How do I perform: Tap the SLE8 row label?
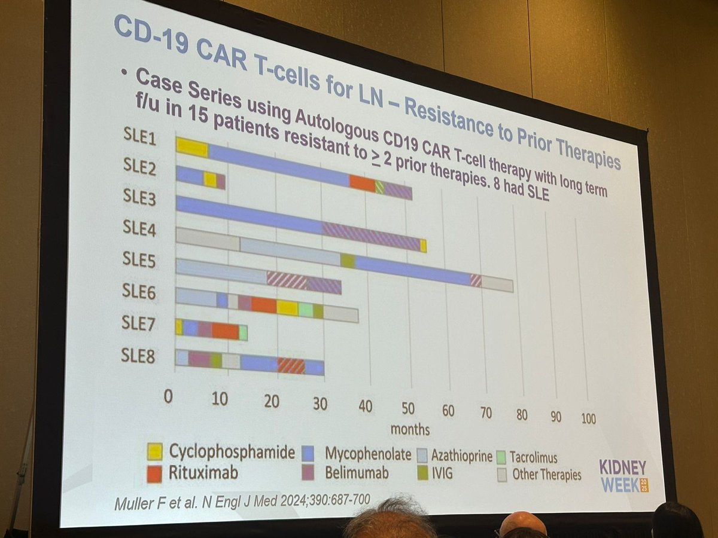click(x=138, y=357)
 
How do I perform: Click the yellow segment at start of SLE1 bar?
click(x=192, y=147)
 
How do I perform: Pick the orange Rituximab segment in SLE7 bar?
click(x=225, y=331)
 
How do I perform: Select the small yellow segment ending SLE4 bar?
click(x=423, y=246)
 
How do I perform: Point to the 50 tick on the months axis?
click(x=407, y=409)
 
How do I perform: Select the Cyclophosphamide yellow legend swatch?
click(x=154, y=451)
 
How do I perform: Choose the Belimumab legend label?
click(x=357, y=473)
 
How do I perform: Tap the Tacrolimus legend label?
click(x=534, y=458)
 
